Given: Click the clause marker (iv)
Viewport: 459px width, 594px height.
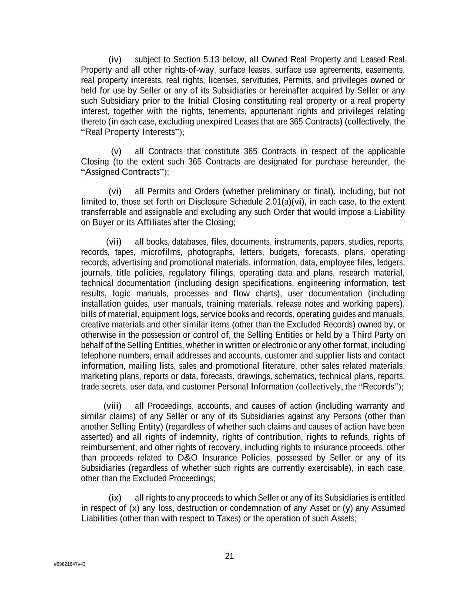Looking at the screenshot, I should [115, 60].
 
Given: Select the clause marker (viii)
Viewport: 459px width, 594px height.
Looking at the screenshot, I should [113, 406].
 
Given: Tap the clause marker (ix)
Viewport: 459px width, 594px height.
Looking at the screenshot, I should [115, 498].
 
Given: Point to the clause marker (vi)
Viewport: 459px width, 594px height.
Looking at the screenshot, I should [115, 191].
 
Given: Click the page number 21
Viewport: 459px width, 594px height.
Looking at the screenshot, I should [230, 556].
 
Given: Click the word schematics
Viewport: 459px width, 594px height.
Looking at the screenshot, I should [297, 376].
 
